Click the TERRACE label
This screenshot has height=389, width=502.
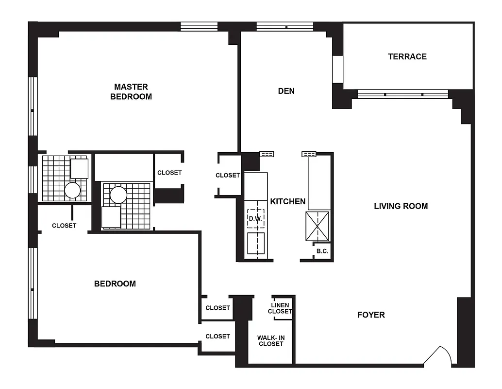(x=407, y=56)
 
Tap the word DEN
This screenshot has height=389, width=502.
(x=286, y=91)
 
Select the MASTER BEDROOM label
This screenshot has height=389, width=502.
(x=131, y=91)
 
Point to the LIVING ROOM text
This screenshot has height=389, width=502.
(x=401, y=206)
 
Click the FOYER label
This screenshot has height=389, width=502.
(x=371, y=315)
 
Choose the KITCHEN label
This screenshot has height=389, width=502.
(x=287, y=201)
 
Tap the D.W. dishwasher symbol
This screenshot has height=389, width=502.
(x=255, y=218)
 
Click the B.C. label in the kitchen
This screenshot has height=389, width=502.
(x=322, y=251)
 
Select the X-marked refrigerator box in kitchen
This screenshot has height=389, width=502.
(x=317, y=226)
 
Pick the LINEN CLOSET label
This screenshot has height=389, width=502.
(x=280, y=308)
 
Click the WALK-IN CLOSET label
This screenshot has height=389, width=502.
(x=270, y=340)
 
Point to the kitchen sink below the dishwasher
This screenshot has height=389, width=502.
(x=255, y=243)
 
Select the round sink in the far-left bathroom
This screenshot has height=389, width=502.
(x=72, y=190)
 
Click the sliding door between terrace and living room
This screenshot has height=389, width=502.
(x=403, y=94)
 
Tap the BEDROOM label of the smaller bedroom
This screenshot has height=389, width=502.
(x=115, y=283)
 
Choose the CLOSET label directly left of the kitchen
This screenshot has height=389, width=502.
(x=228, y=175)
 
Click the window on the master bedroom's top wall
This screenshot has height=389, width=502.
(x=199, y=26)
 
